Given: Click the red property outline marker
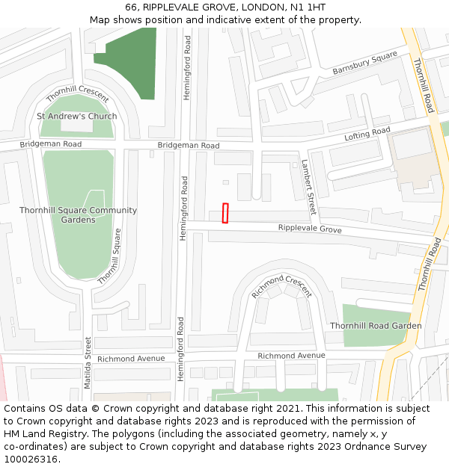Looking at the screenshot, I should [x=225, y=213].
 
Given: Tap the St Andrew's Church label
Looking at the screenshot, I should [x=77, y=116].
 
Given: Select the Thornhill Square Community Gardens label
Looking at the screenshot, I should [x=79, y=215].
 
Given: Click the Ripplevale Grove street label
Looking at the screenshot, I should [x=310, y=229].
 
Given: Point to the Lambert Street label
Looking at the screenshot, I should [x=308, y=187].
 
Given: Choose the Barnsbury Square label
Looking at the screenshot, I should [x=365, y=64].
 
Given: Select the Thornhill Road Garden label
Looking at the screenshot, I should [x=376, y=326].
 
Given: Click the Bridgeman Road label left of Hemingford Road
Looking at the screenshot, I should [x=51, y=143].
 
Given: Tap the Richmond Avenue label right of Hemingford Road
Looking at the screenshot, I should [x=292, y=356].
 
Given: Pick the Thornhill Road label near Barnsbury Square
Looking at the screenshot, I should [x=423, y=85].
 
